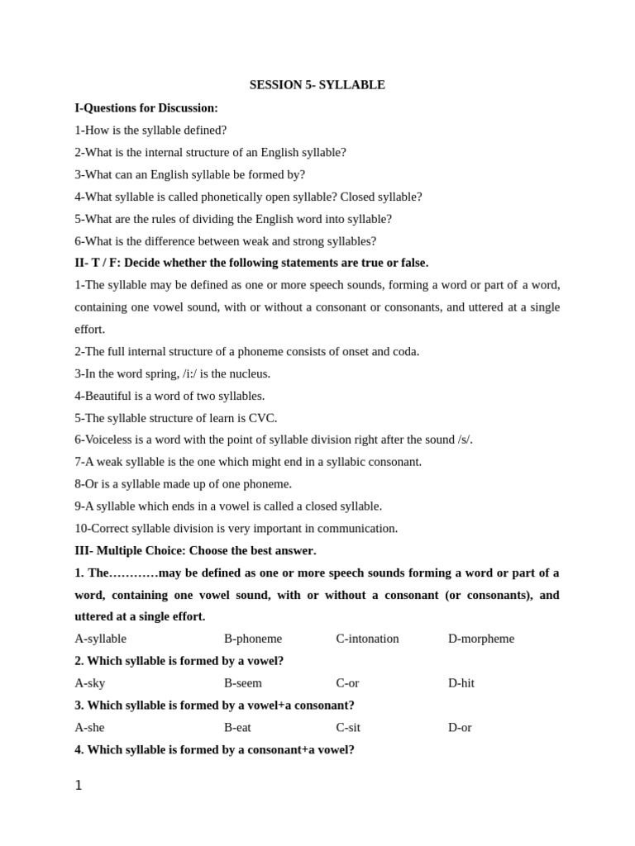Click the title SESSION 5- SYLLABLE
point(317,85)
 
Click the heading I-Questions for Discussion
point(146,108)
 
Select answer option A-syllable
point(100,639)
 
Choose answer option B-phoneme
point(253,639)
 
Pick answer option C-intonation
point(367,639)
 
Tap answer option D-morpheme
point(481,639)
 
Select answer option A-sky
point(90,683)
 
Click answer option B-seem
point(243,683)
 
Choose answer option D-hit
point(461,683)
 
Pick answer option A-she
point(90,728)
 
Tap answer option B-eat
point(237,728)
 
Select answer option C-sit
point(348,728)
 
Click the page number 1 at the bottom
point(79,786)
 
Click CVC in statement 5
point(262,418)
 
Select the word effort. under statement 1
point(90,330)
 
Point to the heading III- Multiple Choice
point(195,550)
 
